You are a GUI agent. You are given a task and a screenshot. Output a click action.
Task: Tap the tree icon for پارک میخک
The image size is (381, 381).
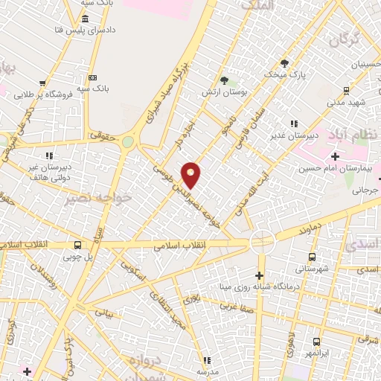tap(283, 63)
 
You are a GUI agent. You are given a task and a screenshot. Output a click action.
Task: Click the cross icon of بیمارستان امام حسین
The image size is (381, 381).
tap(335, 156)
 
